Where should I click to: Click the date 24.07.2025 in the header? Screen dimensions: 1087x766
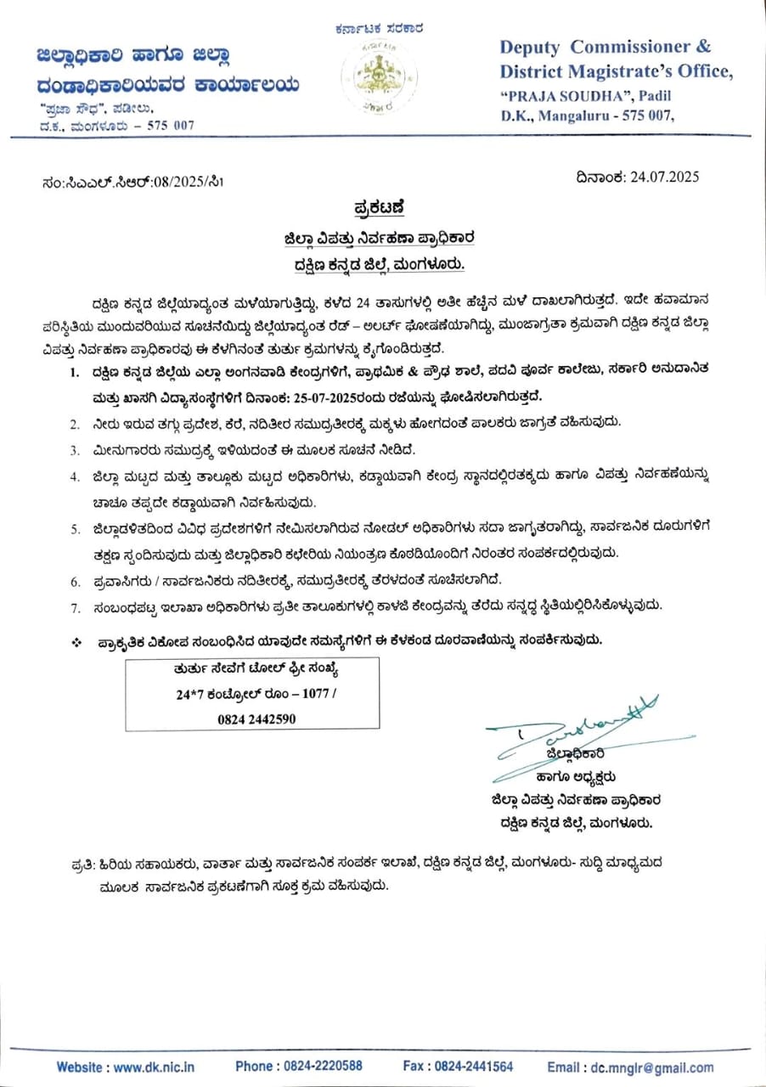[662, 177]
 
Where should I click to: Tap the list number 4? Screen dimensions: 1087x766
[75, 476]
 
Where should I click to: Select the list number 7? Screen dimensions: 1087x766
[75, 606]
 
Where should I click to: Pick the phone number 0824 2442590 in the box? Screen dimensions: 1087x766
[253, 718]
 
